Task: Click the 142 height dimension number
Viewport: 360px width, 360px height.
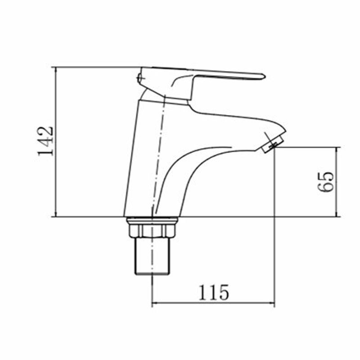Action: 46,141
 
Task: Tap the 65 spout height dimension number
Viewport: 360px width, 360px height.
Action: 325,181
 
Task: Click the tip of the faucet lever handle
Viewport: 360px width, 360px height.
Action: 265,76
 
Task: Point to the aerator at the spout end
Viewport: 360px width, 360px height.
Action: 273,144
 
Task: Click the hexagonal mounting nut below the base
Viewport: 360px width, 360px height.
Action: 152,231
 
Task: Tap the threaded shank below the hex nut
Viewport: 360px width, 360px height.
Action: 152,256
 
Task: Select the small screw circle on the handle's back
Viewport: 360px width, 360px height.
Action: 139,77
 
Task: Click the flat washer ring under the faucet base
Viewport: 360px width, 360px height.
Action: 152,220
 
